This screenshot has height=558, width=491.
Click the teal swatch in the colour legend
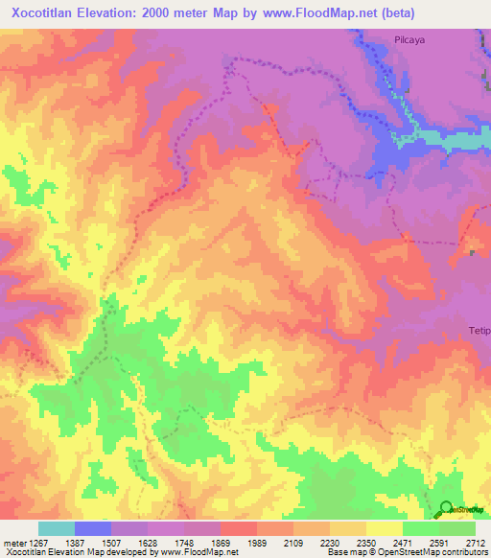(57, 528)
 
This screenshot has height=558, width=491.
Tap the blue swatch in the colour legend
(93, 528)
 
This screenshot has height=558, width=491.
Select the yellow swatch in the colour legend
(385, 528)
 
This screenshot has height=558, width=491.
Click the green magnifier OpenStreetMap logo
(445, 509)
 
